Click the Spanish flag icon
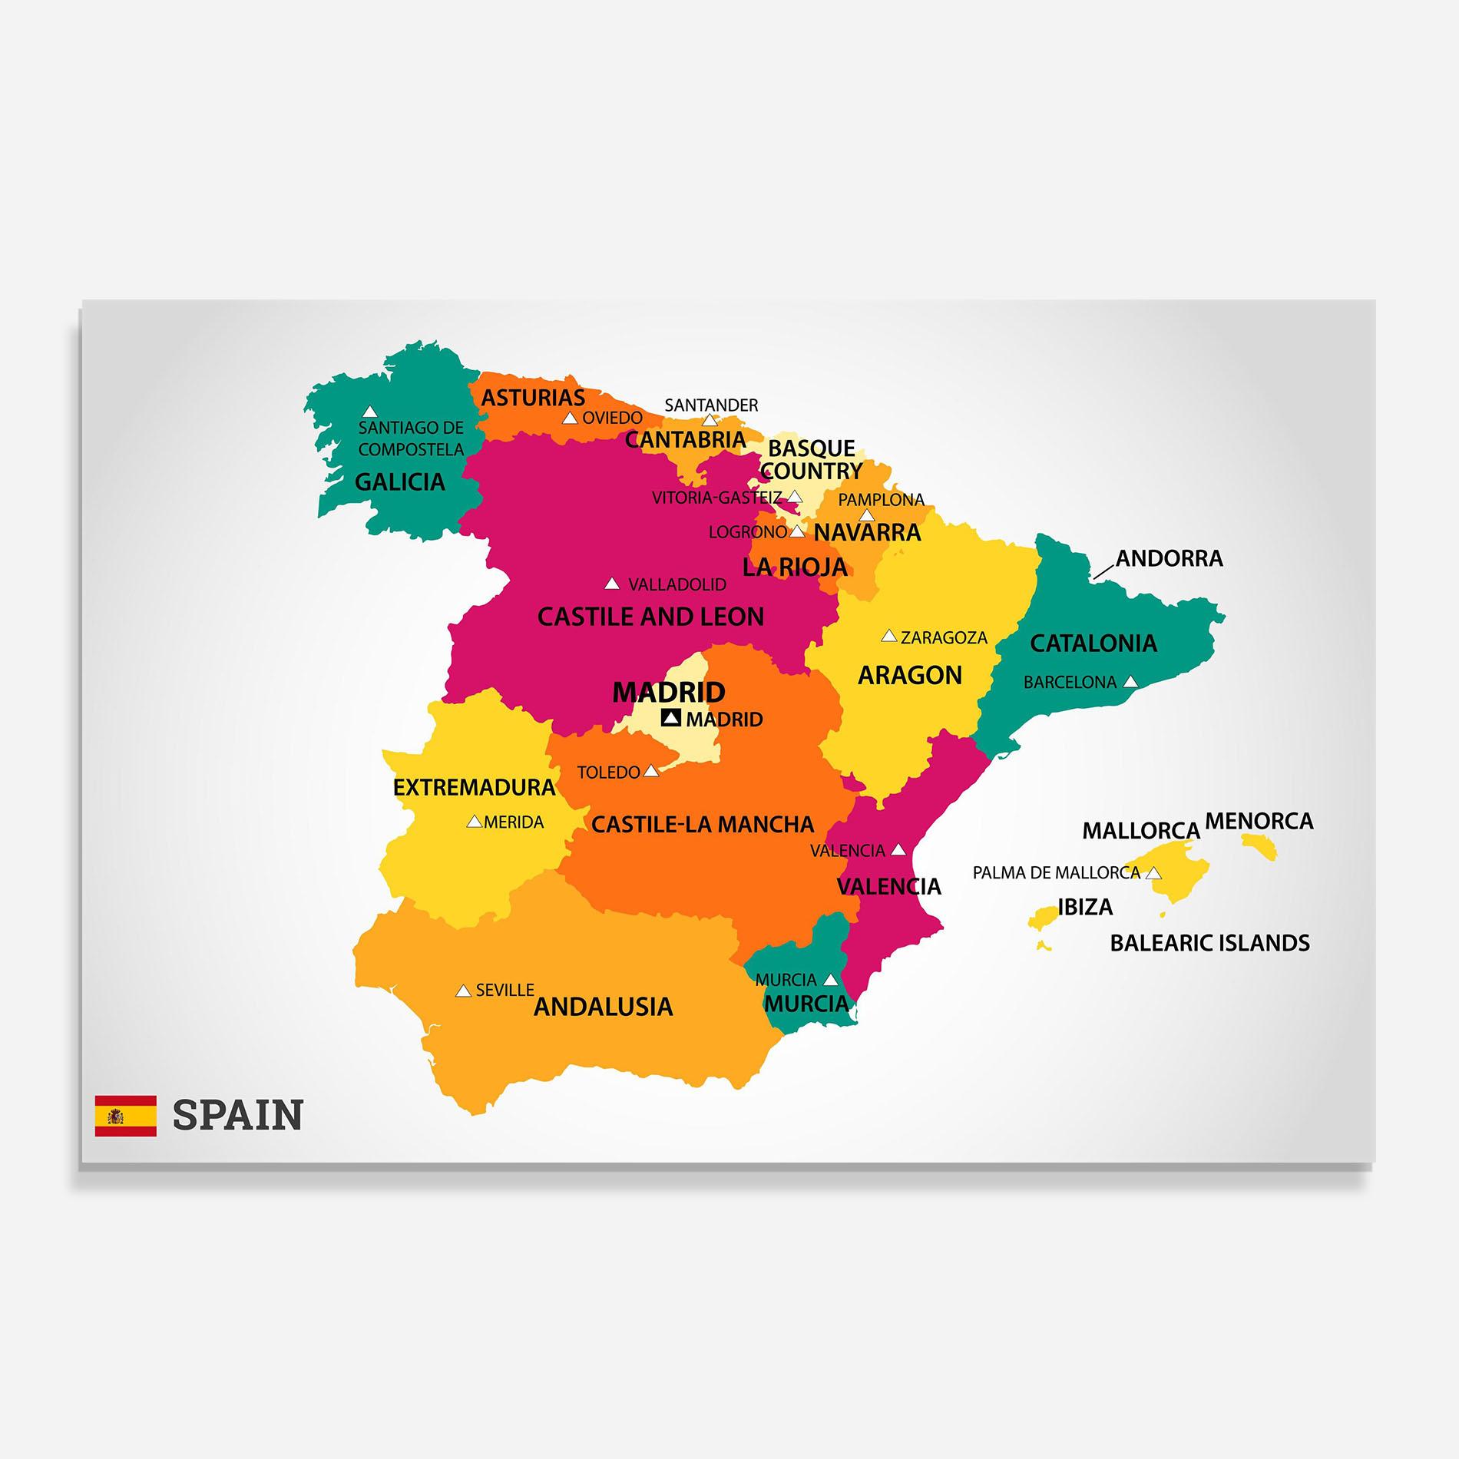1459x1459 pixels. tap(126, 1116)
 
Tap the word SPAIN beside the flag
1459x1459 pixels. tap(238, 1115)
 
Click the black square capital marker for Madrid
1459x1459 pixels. tap(671, 718)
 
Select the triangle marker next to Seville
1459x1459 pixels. tap(463, 991)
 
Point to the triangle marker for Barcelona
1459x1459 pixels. tap(1130, 681)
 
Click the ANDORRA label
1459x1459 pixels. tap(1169, 558)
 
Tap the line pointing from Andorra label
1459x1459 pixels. tap(1103, 571)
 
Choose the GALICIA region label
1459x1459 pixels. tap(399, 482)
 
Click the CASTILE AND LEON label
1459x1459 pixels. tap(650, 617)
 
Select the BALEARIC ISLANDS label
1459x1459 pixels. tap(1209, 943)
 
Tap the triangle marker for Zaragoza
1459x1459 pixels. tap(889, 636)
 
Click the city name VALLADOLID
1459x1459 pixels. tap(677, 585)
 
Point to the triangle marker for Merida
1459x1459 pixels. tap(475, 822)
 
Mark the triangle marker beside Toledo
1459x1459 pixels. tap(651, 771)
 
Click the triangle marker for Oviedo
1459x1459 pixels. tap(570, 419)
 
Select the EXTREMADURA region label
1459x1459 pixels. tap(474, 787)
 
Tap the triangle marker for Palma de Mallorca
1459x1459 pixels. tap(1153, 873)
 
